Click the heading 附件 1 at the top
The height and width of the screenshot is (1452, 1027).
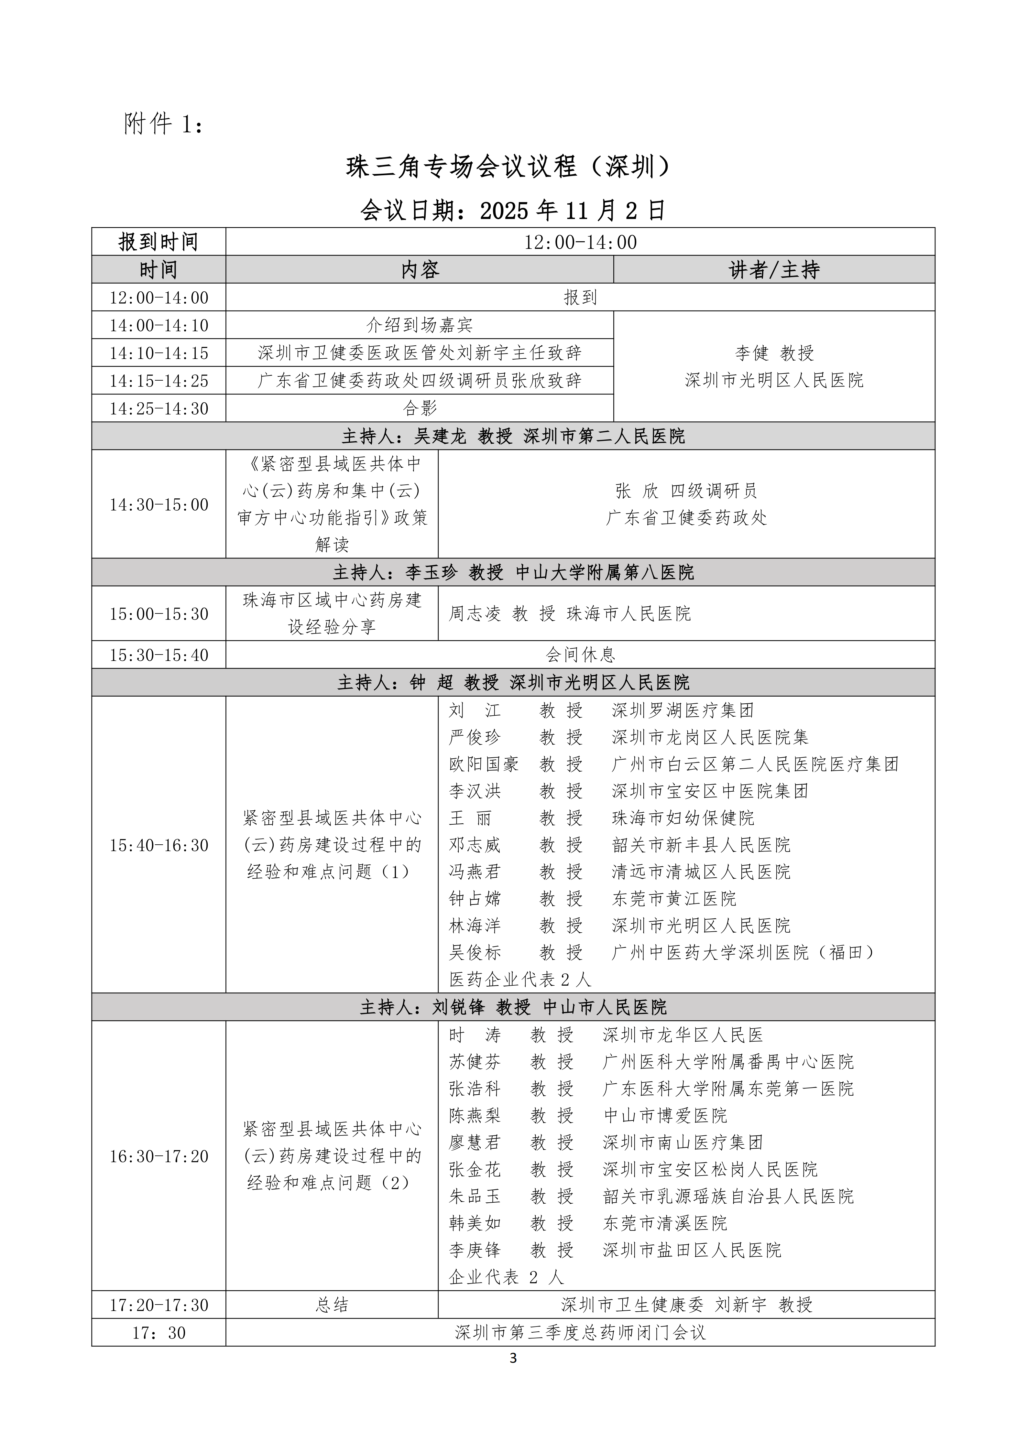(163, 124)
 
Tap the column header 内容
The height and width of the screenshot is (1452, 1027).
(420, 270)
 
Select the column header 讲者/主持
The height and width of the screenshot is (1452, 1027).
(774, 270)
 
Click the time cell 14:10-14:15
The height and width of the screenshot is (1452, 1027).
(159, 353)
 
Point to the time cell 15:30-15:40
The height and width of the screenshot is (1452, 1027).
(159, 655)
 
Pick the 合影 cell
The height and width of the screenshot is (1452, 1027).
(420, 408)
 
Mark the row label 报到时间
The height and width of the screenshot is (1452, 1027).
(159, 242)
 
